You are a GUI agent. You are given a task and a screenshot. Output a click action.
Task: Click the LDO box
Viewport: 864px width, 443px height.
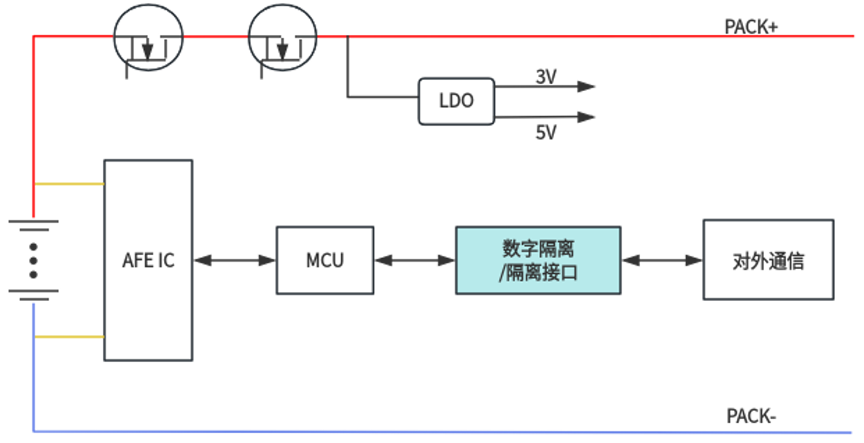456,101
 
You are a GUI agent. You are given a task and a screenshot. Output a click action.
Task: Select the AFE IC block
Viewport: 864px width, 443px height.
148,260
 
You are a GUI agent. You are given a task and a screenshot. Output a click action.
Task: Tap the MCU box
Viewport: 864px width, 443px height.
324,260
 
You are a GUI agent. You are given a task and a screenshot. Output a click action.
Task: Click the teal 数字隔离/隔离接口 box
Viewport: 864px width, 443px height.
538,260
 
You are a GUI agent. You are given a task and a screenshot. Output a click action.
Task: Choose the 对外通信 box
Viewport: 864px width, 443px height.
768,260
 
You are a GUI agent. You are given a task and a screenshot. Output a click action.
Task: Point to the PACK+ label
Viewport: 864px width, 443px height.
751,27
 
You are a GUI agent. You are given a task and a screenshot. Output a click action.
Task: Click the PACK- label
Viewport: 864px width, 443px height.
751,417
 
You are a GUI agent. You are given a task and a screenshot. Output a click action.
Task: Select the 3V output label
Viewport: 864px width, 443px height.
546,77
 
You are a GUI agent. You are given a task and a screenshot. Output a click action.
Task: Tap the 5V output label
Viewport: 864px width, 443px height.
546,133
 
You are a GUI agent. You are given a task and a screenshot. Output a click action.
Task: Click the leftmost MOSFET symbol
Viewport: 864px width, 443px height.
148,39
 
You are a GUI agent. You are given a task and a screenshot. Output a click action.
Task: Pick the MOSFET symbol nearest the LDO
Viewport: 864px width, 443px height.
283,39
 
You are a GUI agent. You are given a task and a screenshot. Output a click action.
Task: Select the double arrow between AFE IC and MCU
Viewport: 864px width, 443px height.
234,260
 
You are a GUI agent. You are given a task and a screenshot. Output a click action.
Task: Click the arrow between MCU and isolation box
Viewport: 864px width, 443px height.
415,260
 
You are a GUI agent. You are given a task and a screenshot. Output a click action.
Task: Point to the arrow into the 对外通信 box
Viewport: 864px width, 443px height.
662,260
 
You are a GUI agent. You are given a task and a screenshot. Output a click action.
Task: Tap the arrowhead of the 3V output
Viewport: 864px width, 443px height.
587,86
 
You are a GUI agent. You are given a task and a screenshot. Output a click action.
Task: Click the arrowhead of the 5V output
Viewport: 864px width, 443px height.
587,117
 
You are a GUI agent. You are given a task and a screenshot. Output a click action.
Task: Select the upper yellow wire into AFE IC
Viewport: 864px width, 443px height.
69,184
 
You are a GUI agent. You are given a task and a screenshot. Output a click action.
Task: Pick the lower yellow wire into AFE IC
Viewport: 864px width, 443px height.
69,337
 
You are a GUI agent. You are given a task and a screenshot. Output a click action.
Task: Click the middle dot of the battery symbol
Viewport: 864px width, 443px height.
33,260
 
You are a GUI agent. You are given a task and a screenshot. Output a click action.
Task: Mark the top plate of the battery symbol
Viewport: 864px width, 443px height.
33,220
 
